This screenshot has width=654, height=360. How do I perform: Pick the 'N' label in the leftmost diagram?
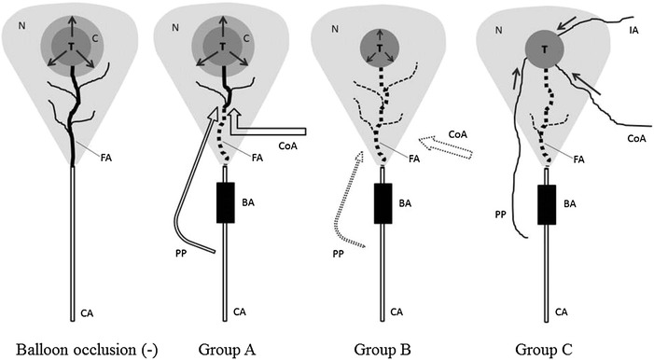click(21, 24)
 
